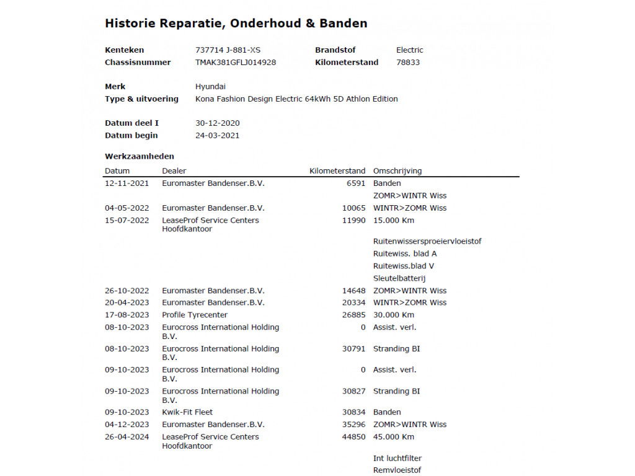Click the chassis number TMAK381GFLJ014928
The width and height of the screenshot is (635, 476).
[x=236, y=62]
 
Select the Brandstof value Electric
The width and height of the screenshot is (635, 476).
[x=409, y=50]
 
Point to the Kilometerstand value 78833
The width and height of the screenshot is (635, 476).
[x=408, y=62]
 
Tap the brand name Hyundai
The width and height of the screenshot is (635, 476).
[x=210, y=87]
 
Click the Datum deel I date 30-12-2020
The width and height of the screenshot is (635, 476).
[x=217, y=123]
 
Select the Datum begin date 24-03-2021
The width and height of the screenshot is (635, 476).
[x=217, y=135]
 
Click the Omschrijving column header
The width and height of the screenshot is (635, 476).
[x=397, y=171]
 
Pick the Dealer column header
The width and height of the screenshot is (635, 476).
[x=174, y=171]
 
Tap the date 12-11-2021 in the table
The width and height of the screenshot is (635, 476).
[x=127, y=183]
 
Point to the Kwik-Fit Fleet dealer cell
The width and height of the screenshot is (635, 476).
[x=187, y=412]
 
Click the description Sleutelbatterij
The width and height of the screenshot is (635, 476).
[x=399, y=278]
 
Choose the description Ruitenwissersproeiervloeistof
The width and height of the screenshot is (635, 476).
[x=427, y=241]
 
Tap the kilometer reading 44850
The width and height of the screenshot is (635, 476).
[x=353, y=437]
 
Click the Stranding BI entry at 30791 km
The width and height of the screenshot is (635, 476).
[x=396, y=349]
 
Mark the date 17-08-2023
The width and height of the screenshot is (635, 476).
[x=127, y=315]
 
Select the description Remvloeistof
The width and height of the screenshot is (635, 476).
[x=397, y=470]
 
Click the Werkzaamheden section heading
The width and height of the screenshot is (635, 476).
[x=140, y=156]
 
